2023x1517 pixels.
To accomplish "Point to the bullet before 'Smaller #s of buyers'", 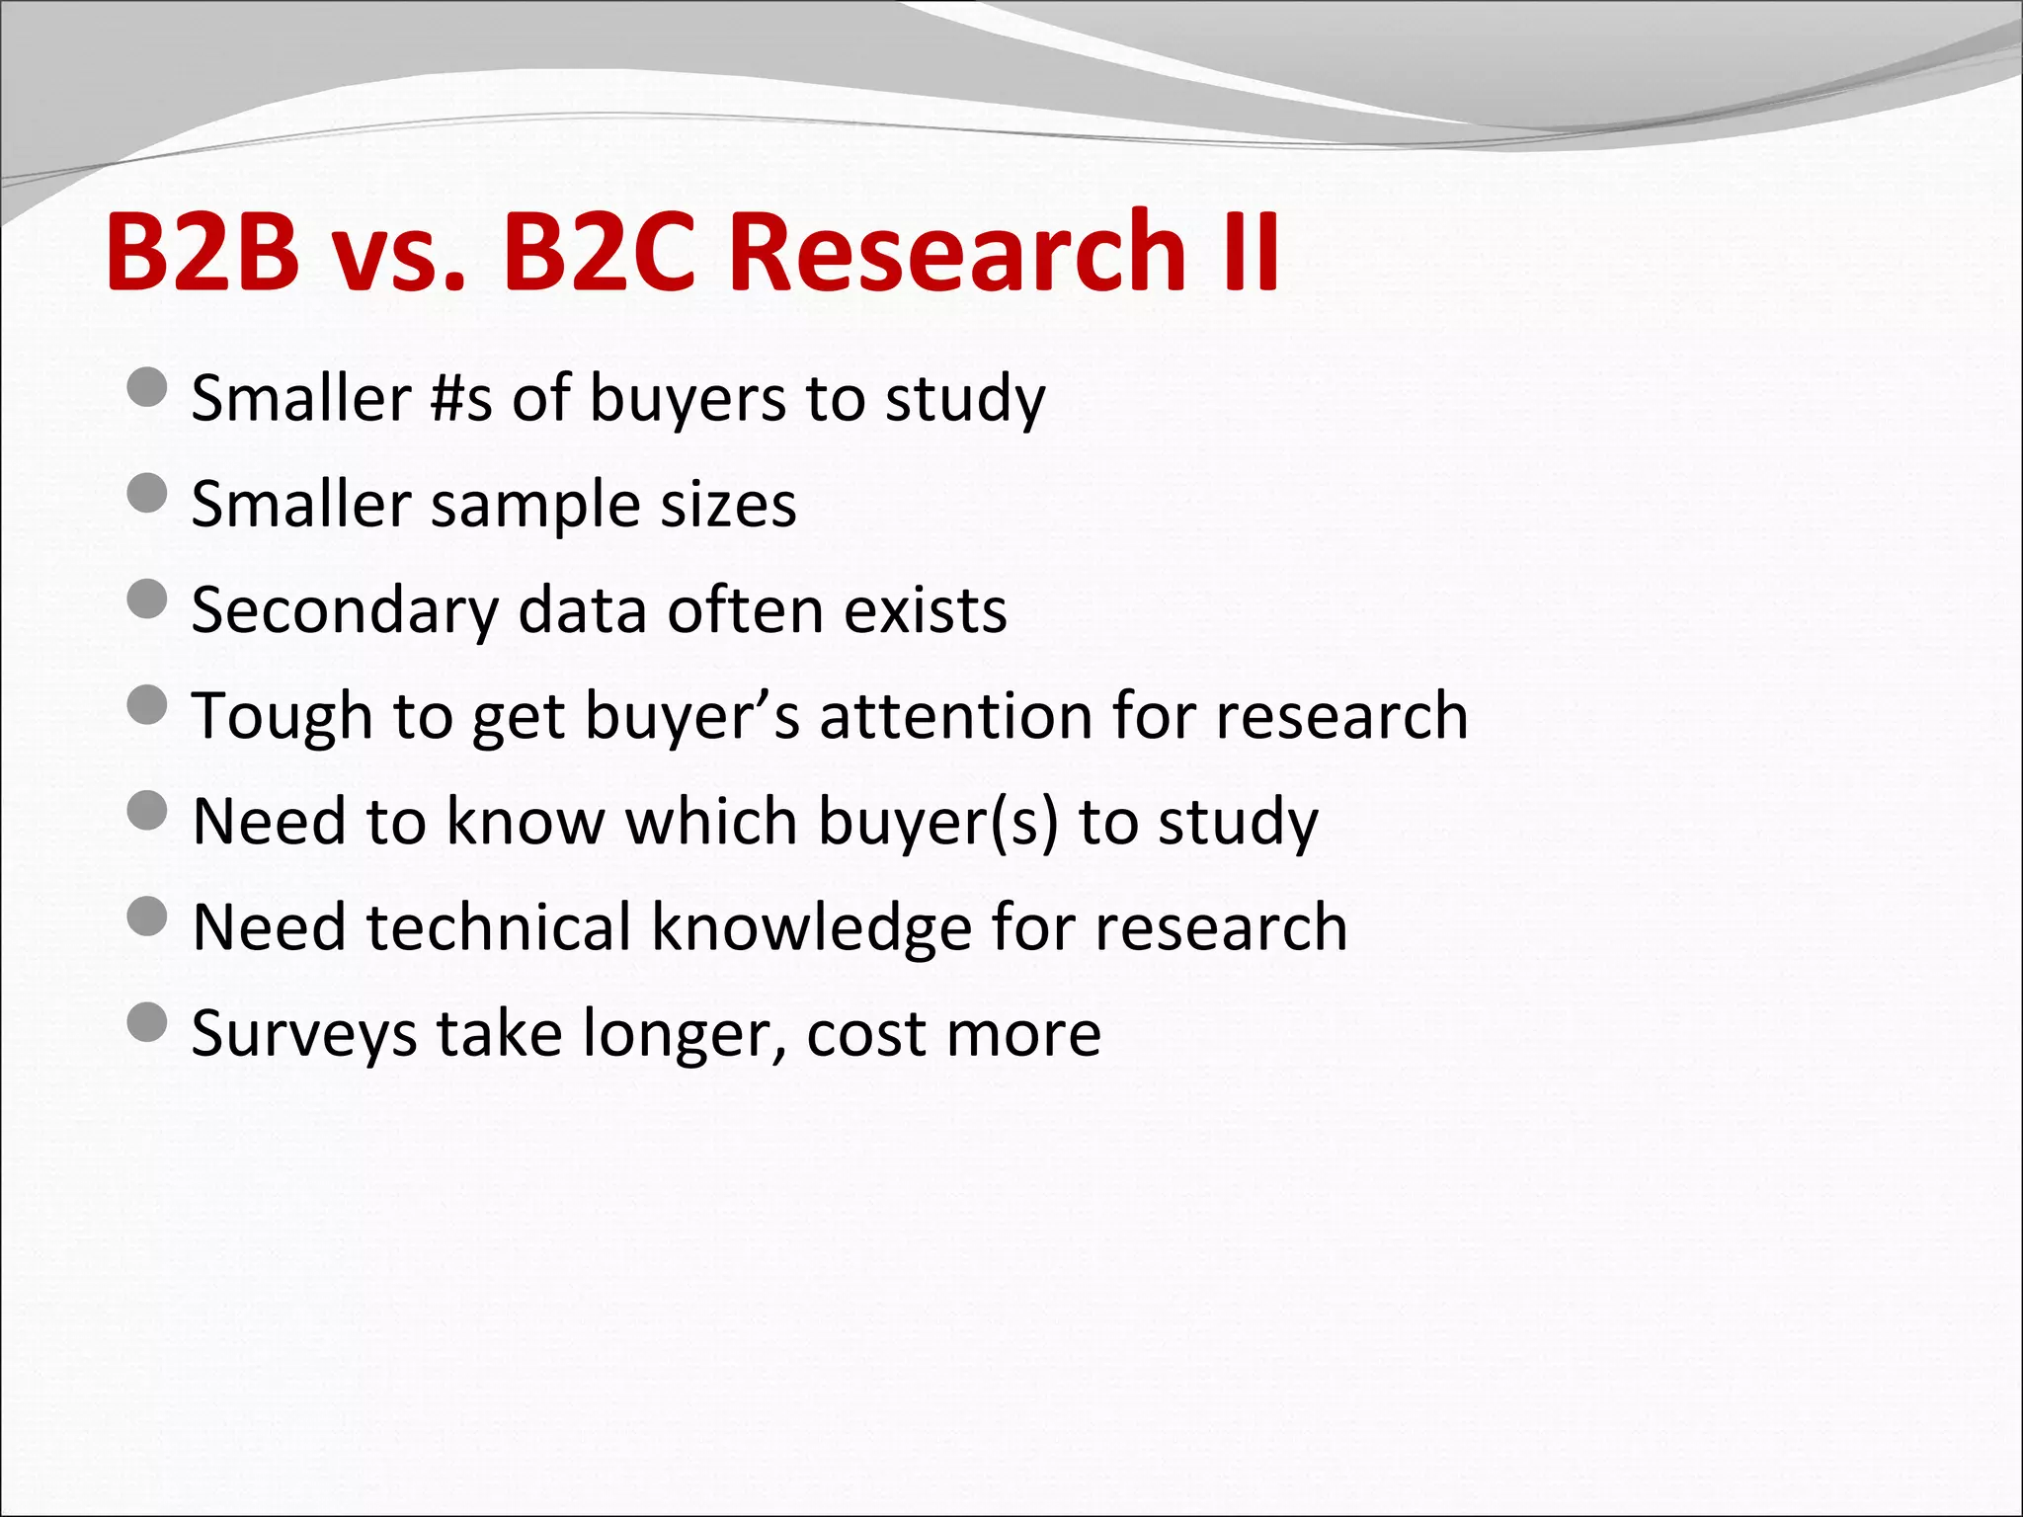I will tap(147, 387).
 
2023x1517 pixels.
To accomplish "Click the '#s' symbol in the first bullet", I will tap(461, 399).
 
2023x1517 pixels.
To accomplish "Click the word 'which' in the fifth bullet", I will tap(711, 822).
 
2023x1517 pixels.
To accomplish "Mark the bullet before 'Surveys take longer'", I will tap(147, 1022).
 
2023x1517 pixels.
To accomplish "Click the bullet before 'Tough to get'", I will tap(147, 705).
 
